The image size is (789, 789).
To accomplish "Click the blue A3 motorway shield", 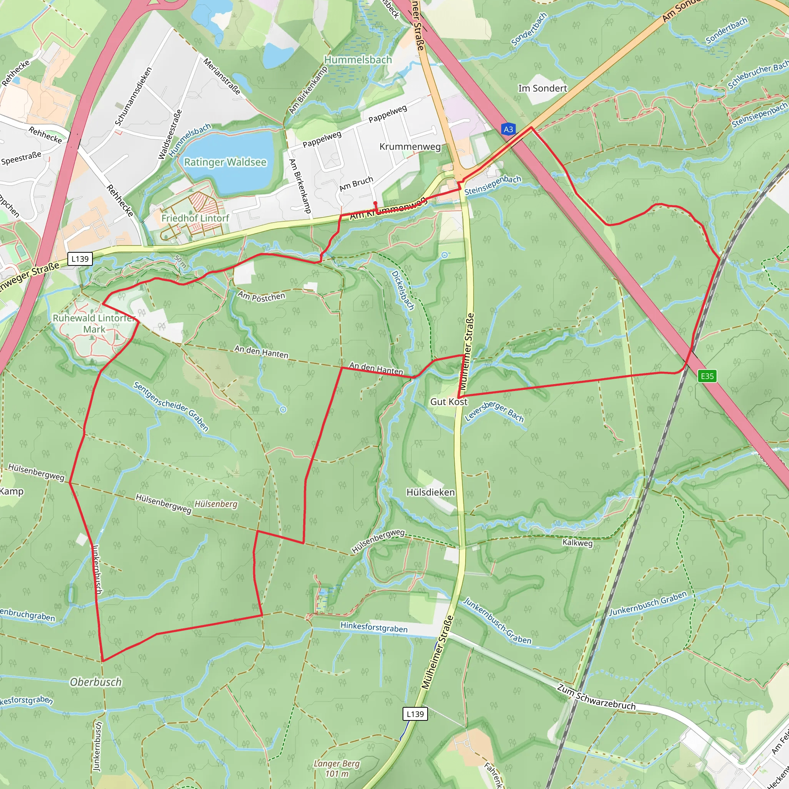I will point(508,129).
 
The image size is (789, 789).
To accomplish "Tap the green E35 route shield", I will point(707,376).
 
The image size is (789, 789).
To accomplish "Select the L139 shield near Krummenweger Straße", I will point(80,259).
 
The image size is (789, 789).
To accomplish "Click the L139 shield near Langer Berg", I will point(415,714).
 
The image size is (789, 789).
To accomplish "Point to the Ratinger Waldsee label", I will point(225,162).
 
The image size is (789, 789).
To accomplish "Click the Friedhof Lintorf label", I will point(195,218).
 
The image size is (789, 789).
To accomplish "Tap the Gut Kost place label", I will point(448,402).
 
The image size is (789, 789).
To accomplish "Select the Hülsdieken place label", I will point(430,492).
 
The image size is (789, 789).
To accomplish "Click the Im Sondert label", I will point(542,88).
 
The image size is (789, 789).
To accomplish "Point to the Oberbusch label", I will point(96,682).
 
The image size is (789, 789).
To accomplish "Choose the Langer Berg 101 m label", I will point(337,768).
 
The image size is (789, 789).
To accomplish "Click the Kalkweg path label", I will point(577,542).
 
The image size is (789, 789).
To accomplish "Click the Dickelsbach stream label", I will point(403,290).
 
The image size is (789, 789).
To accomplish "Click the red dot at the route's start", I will point(375,203).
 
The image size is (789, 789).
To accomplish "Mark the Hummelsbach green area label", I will point(358,60).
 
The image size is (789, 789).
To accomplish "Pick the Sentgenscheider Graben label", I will point(171,406).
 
